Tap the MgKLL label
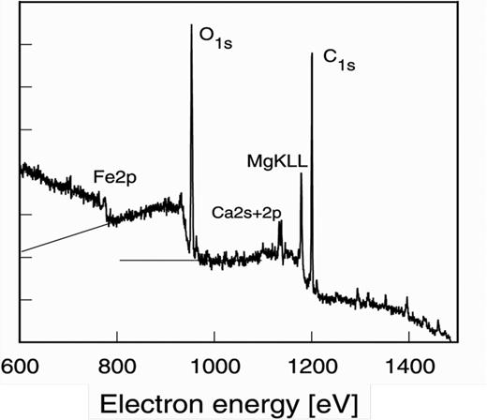tap(278, 161)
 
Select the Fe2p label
tap(116, 176)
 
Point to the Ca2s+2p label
tap(244, 212)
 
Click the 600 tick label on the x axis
tap(20, 363)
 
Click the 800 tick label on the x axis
tap(117, 363)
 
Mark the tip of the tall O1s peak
tap(191, 25)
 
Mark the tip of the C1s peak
tap(311, 54)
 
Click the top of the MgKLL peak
tap(301, 175)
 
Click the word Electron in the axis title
tap(149, 401)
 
